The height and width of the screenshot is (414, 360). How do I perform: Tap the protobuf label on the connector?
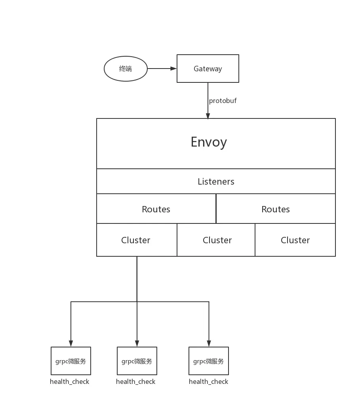pos(223,101)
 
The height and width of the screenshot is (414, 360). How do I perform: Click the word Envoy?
pos(209,142)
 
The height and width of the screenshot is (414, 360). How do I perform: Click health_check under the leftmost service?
pos(70,382)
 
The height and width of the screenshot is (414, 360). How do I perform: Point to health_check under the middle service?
pos(136,382)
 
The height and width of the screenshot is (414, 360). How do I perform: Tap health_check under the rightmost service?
pos(208,382)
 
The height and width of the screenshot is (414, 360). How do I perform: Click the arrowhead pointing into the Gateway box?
pos(173,69)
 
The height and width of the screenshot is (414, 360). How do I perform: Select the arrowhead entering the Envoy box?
pos(208,116)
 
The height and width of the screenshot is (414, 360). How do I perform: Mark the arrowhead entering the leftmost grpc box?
pos(71,343)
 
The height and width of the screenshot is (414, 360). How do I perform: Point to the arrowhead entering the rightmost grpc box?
pos(209,343)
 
